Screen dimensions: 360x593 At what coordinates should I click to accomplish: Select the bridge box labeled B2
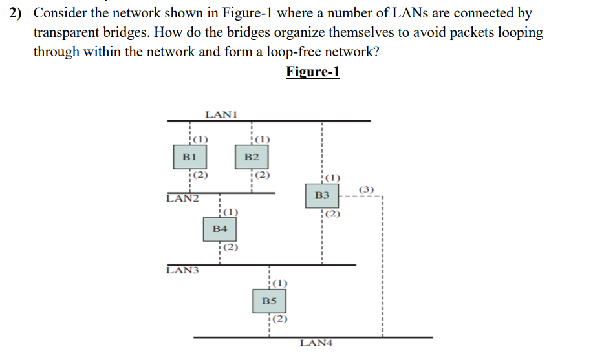(252, 156)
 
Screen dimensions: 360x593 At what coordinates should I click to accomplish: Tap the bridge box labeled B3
(322, 195)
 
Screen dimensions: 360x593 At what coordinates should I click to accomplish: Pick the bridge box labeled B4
(220, 229)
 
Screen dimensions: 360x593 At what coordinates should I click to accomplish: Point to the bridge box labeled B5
(269, 301)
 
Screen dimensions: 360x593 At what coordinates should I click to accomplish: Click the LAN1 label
(221, 114)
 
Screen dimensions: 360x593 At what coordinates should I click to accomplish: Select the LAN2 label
(182, 198)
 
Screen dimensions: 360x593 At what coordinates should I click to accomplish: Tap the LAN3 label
(182, 270)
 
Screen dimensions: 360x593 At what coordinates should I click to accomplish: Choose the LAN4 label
(316, 343)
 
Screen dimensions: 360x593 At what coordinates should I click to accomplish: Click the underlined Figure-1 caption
(312, 71)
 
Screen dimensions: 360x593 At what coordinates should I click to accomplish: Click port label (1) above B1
(200, 139)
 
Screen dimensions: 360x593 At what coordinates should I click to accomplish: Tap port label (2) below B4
(230, 247)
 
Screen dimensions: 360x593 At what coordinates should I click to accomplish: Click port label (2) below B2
(262, 175)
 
